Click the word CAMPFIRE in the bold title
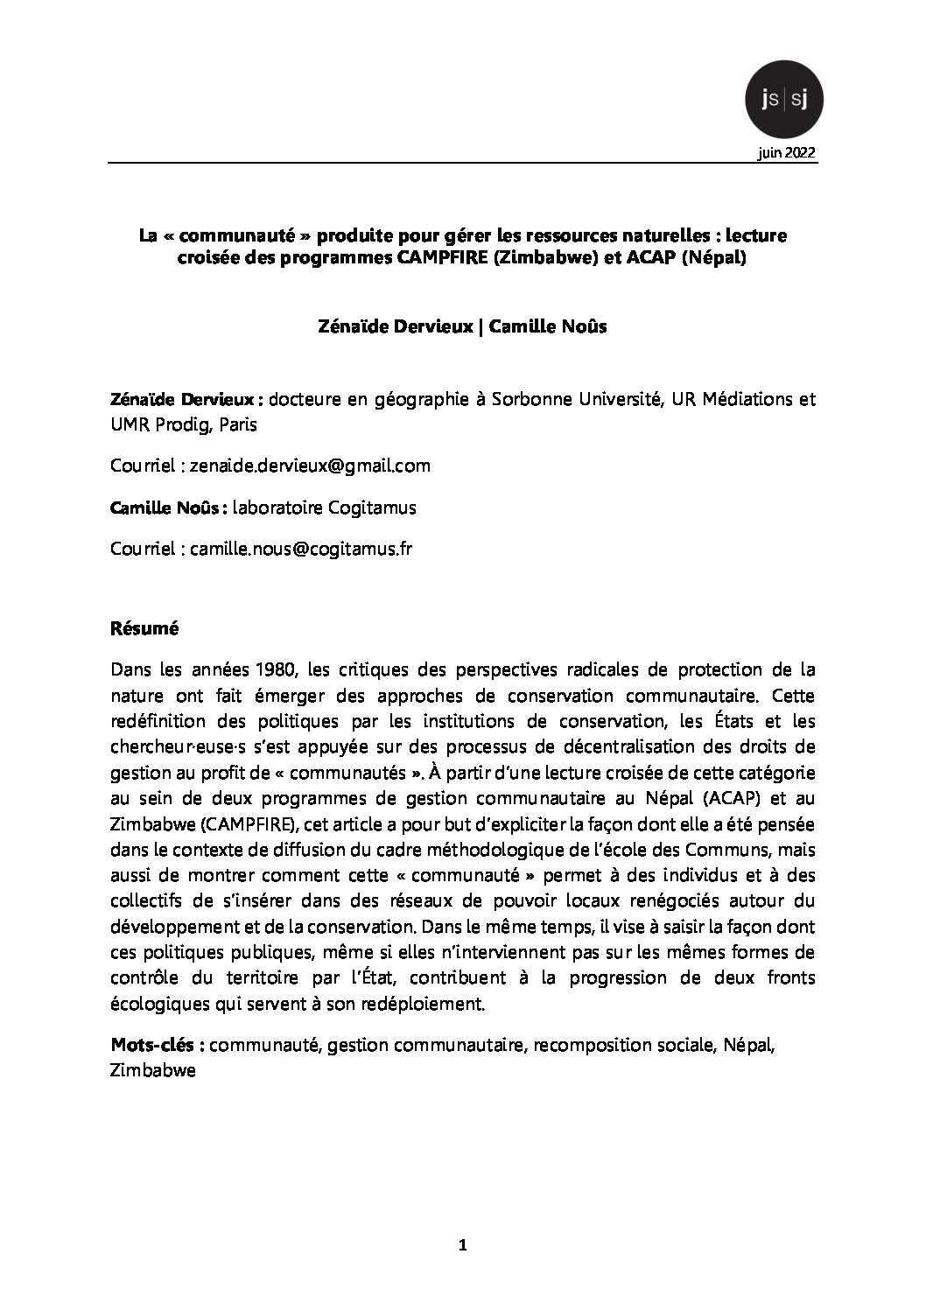point(438,259)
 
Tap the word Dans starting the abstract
point(130,670)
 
